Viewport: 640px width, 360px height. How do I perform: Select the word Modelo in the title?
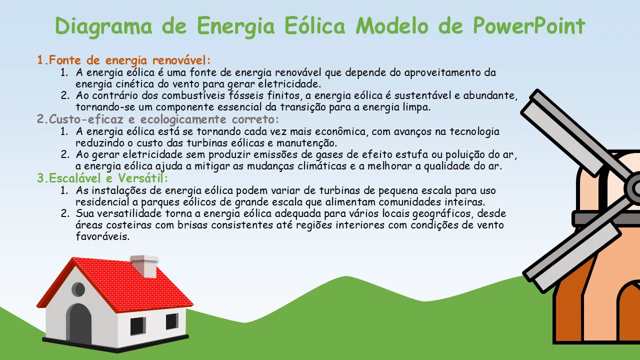tap(392, 25)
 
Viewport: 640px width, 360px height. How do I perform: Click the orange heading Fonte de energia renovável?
tap(124, 60)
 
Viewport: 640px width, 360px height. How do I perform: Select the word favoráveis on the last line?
tap(102, 236)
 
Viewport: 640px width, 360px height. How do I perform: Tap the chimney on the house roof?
tap(144, 266)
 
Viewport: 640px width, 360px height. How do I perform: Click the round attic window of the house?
tap(78, 289)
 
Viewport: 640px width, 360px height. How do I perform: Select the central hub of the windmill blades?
tap(634, 188)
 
